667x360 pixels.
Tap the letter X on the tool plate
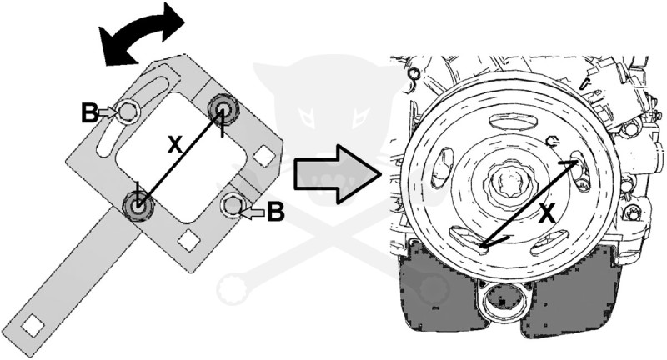click(x=174, y=143)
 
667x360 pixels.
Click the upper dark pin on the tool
click(x=223, y=107)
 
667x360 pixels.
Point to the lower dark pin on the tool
click(x=137, y=205)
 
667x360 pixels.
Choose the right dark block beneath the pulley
click(x=575, y=287)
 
